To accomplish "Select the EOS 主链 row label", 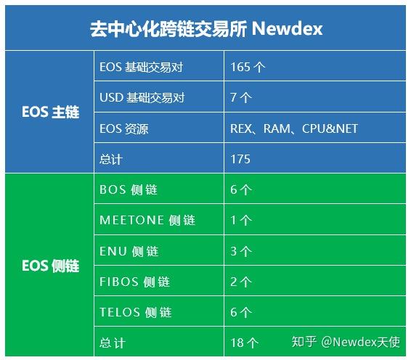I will (49, 112).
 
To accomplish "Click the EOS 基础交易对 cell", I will (141, 67).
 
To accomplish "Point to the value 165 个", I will (248, 67).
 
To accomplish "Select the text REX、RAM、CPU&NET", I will (293, 128).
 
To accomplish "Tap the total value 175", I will (240, 159).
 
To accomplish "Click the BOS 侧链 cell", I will (129, 190).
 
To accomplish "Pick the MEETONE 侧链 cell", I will (147, 221).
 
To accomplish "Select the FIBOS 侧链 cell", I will (135, 282).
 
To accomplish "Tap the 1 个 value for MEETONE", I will (241, 221).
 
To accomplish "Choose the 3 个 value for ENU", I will (241, 251).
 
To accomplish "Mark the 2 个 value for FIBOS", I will (241, 282).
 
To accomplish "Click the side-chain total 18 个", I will (244, 342).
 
